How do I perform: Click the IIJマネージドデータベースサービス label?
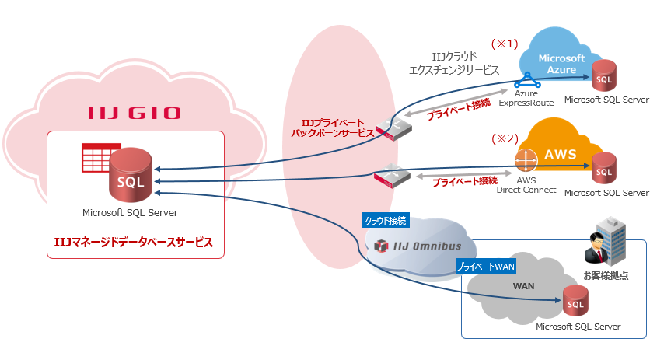pyautogui.click(x=135, y=243)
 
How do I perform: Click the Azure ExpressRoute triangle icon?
pyautogui.click(x=528, y=79)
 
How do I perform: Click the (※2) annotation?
pyautogui.click(x=504, y=139)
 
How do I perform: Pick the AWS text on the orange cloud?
pyautogui.click(x=560, y=154)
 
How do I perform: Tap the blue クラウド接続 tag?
pyautogui.click(x=386, y=220)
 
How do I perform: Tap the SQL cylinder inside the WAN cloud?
pyautogui.click(x=576, y=302)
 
